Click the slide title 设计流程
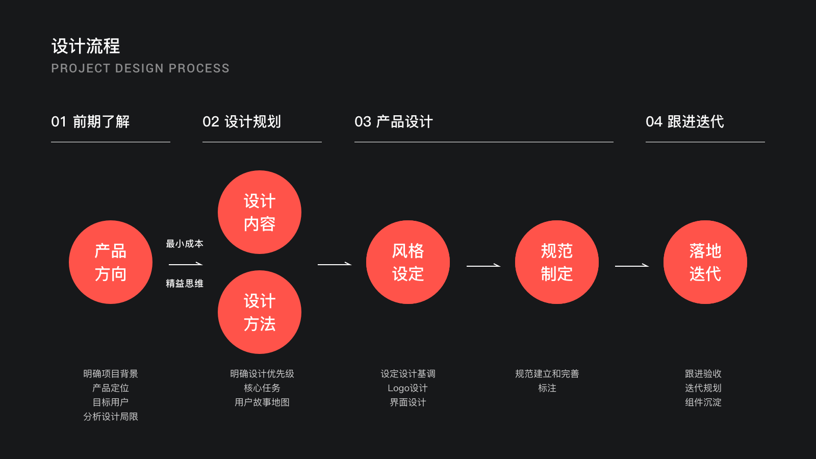(86, 46)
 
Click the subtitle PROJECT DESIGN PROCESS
(140, 68)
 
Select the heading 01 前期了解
(90, 122)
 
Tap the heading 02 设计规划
(242, 122)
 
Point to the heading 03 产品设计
(394, 122)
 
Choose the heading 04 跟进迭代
(685, 122)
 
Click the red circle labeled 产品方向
(111, 262)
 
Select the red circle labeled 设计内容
(260, 212)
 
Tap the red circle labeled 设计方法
(260, 312)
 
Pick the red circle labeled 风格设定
(408, 262)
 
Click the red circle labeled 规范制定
(557, 262)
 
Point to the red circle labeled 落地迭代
(705, 262)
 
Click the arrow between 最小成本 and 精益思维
(186, 264)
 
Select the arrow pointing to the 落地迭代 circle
(632, 266)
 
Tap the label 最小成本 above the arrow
(185, 244)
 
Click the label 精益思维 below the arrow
(185, 284)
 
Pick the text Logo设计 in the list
(407, 388)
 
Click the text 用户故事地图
(262, 402)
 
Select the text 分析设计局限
(111, 417)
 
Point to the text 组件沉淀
(703, 402)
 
